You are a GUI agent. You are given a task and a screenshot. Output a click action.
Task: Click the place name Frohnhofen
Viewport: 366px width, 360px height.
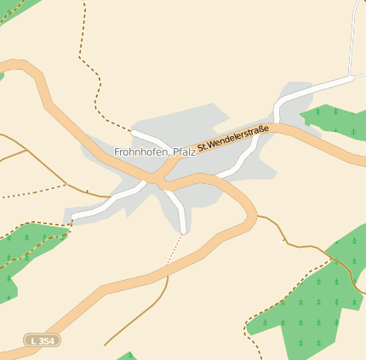click(x=140, y=151)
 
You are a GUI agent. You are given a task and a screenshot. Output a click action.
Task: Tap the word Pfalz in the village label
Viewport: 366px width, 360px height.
click(x=184, y=151)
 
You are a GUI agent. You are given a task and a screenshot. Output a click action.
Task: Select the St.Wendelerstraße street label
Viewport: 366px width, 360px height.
click(x=233, y=139)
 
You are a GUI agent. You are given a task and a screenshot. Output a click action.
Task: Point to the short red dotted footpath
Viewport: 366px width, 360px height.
click(x=176, y=249)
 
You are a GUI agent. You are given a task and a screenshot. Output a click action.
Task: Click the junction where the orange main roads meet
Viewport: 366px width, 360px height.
click(x=158, y=180)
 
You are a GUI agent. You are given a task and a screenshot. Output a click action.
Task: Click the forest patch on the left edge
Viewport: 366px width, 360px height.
click(x=26, y=251)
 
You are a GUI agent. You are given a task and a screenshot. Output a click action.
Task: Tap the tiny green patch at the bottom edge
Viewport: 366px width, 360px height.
click(x=126, y=356)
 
